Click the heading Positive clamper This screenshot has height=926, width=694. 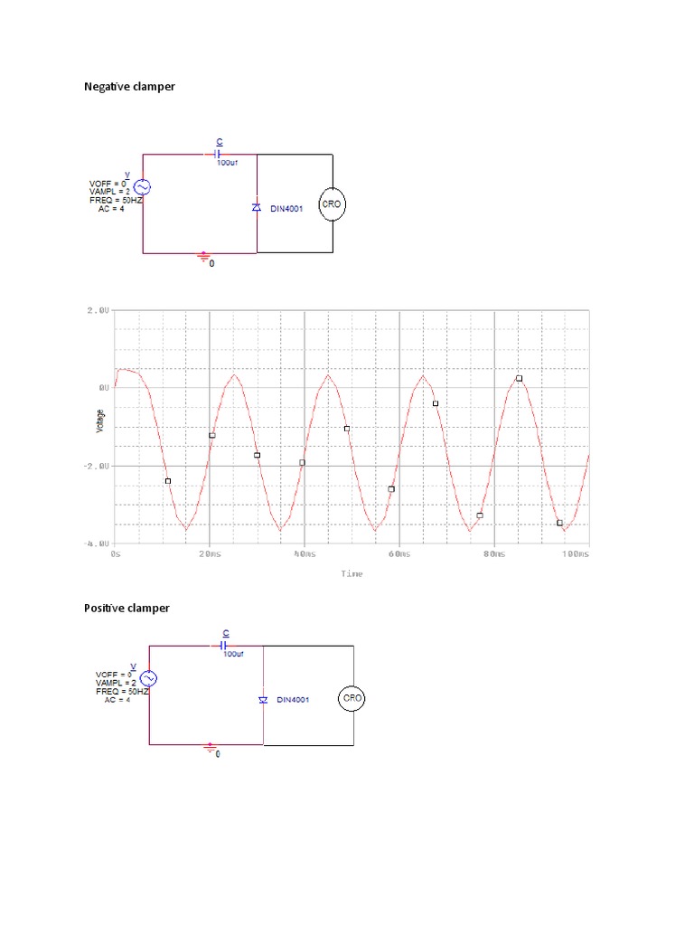(127, 608)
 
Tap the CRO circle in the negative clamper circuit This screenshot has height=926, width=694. (333, 204)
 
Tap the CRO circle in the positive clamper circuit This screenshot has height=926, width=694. (352, 698)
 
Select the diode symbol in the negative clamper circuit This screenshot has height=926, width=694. (257, 207)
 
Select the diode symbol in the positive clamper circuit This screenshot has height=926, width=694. (263, 700)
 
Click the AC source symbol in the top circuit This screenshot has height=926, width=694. (143, 187)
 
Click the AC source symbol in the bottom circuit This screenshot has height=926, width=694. (148, 677)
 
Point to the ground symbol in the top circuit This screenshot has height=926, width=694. (204, 258)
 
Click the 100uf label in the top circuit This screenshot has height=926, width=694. (227, 163)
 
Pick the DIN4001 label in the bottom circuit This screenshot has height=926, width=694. (295, 700)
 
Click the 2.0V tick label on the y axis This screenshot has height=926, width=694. (98, 310)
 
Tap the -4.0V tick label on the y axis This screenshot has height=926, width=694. (97, 543)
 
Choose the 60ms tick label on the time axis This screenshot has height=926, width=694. (398, 553)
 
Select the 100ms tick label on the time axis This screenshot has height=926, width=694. (575, 553)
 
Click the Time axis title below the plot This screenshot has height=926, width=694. (352, 573)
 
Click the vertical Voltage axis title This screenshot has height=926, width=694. (99, 420)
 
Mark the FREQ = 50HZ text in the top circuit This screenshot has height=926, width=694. (116, 200)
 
